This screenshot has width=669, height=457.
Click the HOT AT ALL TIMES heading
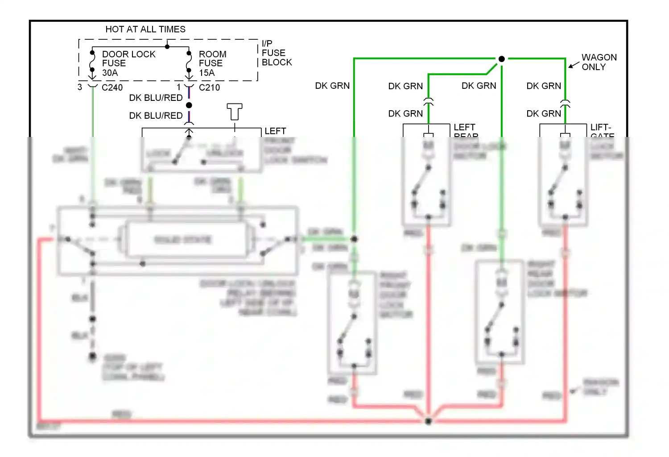[x=145, y=29]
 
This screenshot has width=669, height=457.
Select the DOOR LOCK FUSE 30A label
[x=128, y=63]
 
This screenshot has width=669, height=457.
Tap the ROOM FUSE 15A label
[x=212, y=63]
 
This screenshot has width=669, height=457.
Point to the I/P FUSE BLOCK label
[x=276, y=53]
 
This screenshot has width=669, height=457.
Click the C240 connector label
[x=112, y=87]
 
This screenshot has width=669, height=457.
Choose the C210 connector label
[x=209, y=87]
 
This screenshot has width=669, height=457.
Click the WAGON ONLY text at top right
[x=599, y=62]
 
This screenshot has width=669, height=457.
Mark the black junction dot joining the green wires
[x=501, y=58]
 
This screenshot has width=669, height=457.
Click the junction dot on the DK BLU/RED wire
[x=189, y=105]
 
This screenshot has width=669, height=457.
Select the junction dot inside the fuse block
[x=167, y=46]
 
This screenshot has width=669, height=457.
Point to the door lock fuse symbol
[x=92, y=62]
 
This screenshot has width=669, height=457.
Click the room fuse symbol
[x=189, y=62]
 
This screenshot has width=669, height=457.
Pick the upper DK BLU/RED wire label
[x=156, y=98]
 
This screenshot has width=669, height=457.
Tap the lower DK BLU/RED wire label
[x=156, y=116]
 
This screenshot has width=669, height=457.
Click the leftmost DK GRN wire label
[x=332, y=86]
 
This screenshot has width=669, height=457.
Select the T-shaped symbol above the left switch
[x=234, y=111]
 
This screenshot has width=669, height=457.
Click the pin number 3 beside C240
[x=80, y=87]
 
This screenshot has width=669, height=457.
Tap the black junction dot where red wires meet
[x=428, y=421]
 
